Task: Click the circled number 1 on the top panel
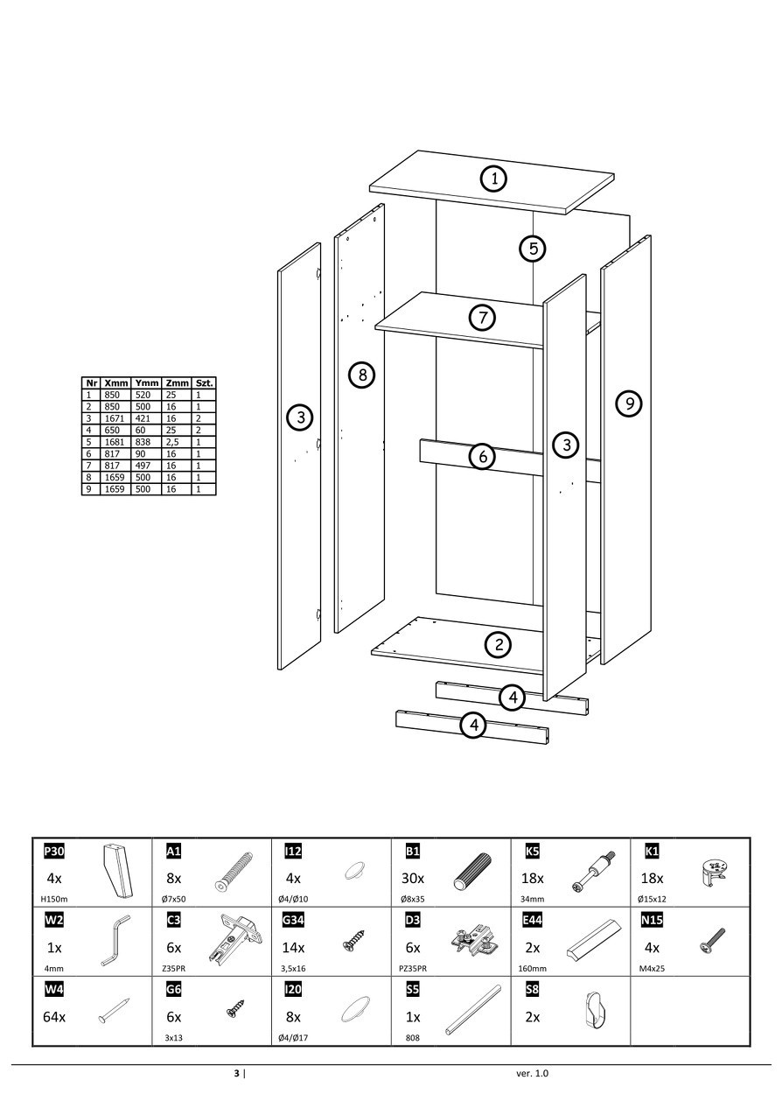(x=494, y=179)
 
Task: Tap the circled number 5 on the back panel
(x=533, y=248)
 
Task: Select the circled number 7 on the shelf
(x=482, y=317)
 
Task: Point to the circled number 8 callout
(x=361, y=375)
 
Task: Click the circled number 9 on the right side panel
(x=628, y=403)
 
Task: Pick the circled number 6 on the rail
(x=482, y=456)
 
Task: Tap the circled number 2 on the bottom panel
(x=498, y=646)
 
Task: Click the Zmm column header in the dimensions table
(x=177, y=383)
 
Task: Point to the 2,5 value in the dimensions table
(x=173, y=442)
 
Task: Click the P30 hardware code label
(x=53, y=852)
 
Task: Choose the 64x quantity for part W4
(x=54, y=1017)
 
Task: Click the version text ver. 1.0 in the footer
(x=533, y=1073)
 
